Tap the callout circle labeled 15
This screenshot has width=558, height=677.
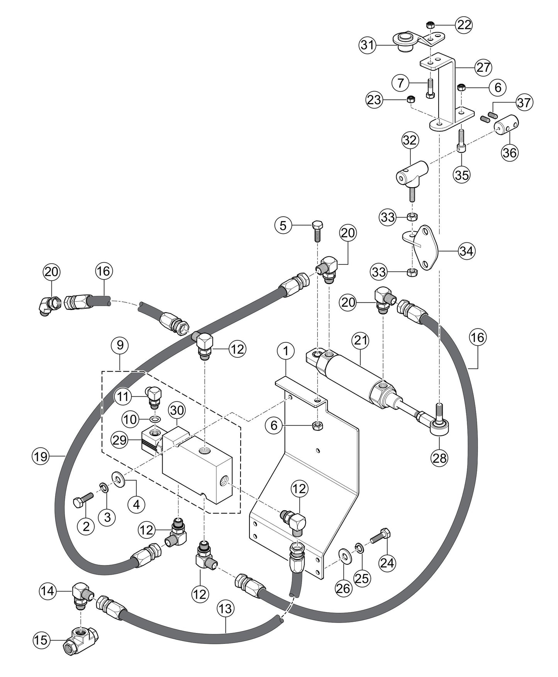[41, 640]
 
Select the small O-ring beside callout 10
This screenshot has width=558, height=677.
[155, 420]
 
